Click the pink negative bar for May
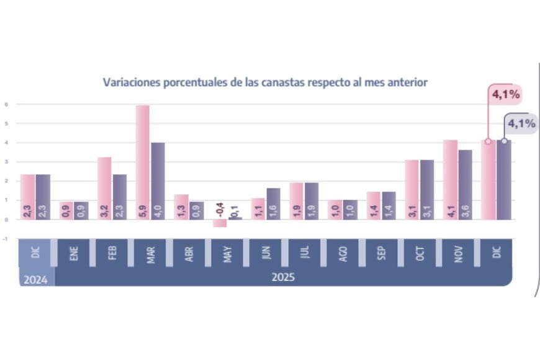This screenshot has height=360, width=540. coord(220,223)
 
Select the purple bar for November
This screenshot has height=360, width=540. coord(466,184)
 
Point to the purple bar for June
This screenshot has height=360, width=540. coord(273,204)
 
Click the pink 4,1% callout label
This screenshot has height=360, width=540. coord(505,95)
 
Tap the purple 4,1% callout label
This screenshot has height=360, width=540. coord(521,124)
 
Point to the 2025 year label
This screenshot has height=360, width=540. coord(283,277)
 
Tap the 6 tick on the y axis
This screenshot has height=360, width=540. coord(6,104)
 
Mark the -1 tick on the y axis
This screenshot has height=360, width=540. coord(6,238)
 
